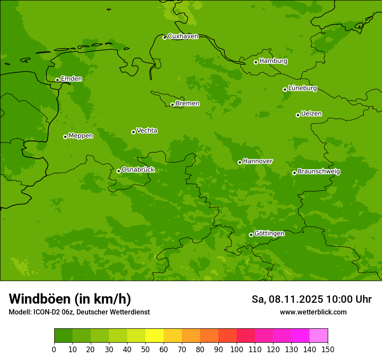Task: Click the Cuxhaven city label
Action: pos(183,36)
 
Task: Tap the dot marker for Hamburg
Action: pos(256,62)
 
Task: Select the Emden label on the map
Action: pos(71,79)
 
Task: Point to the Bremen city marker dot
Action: pos(172,105)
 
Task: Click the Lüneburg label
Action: pos(302,88)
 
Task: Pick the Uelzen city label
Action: pos(311,114)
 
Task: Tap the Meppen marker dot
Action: pos(65,137)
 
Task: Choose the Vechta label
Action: pos(147,131)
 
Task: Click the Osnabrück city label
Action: pos(138,170)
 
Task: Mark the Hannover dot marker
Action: pos(240,162)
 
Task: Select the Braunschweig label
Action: pos(319,172)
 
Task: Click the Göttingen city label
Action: pos(269,234)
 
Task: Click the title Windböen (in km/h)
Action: pos(70,299)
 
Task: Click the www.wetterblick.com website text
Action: pos(313,312)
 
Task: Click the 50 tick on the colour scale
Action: pos(145,349)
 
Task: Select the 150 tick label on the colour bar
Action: pos(328,349)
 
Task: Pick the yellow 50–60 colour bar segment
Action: pos(155,336)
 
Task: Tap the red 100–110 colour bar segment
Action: pos(246,336)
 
